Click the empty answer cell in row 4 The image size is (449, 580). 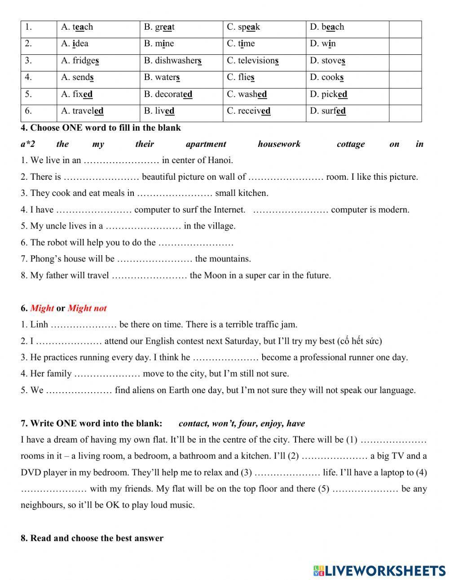point(405,77)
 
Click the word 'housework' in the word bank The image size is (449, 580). point(279,144)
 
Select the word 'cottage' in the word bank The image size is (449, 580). point(350,144)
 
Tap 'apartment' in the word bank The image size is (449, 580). point(206,144)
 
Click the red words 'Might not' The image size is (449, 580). point(87,308)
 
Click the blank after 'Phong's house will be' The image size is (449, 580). point(154,259)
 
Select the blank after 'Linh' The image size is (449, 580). point(84,324)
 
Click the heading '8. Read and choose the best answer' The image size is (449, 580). point(92,538)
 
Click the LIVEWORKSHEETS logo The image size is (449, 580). point(379,571)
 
